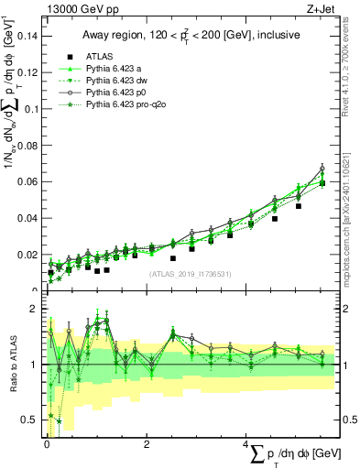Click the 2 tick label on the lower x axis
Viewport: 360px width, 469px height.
[x=147, y=444]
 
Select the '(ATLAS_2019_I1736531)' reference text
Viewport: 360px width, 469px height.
[x=191, y=274]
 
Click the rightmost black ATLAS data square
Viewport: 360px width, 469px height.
[x=322, y=183]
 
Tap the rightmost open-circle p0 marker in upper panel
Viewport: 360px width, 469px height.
[x=322, y=168]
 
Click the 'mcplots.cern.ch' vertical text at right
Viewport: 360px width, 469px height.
[x=352, y=229]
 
